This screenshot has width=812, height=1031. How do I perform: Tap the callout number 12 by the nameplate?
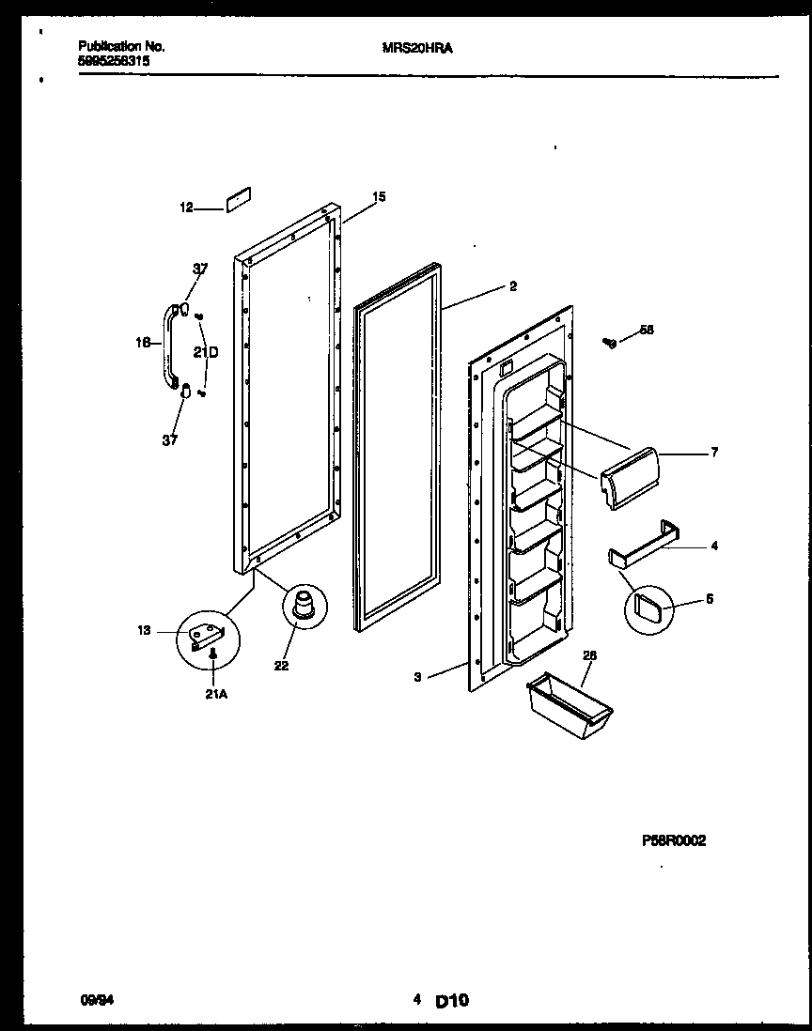pos(186,208)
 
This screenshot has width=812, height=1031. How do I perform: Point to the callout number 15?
pos(379,197)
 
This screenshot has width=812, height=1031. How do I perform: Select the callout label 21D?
pos(206,352)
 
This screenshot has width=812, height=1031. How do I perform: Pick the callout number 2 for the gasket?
pos(512,287)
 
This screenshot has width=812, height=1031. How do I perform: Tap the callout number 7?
pos(714,453)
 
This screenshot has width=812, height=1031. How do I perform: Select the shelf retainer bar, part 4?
pos(643,544)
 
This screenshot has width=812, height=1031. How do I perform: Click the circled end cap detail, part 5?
pos(649,611)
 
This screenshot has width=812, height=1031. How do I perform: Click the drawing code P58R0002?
pos(673,841)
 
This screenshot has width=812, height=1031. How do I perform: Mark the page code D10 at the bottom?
pos(452,1002)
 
